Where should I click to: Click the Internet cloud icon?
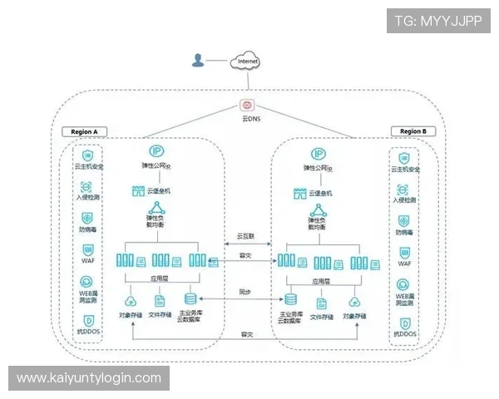click(247, 61)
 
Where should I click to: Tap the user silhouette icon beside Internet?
click(198, 60)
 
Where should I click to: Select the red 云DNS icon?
click(247, 106)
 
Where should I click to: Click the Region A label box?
click(85, 131)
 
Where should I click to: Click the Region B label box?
click(412, 131)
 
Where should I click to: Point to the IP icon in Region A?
click(156, 151)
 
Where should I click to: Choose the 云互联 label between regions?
click(246, 236)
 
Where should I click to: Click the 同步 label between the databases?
click(245, 292)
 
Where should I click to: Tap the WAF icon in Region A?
click(87, 249)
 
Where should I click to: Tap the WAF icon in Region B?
click(404, 249)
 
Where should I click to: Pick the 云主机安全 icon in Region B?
click(404, 155)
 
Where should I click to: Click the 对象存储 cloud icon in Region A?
click(130, 301)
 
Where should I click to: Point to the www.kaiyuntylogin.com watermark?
click(89, 378)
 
